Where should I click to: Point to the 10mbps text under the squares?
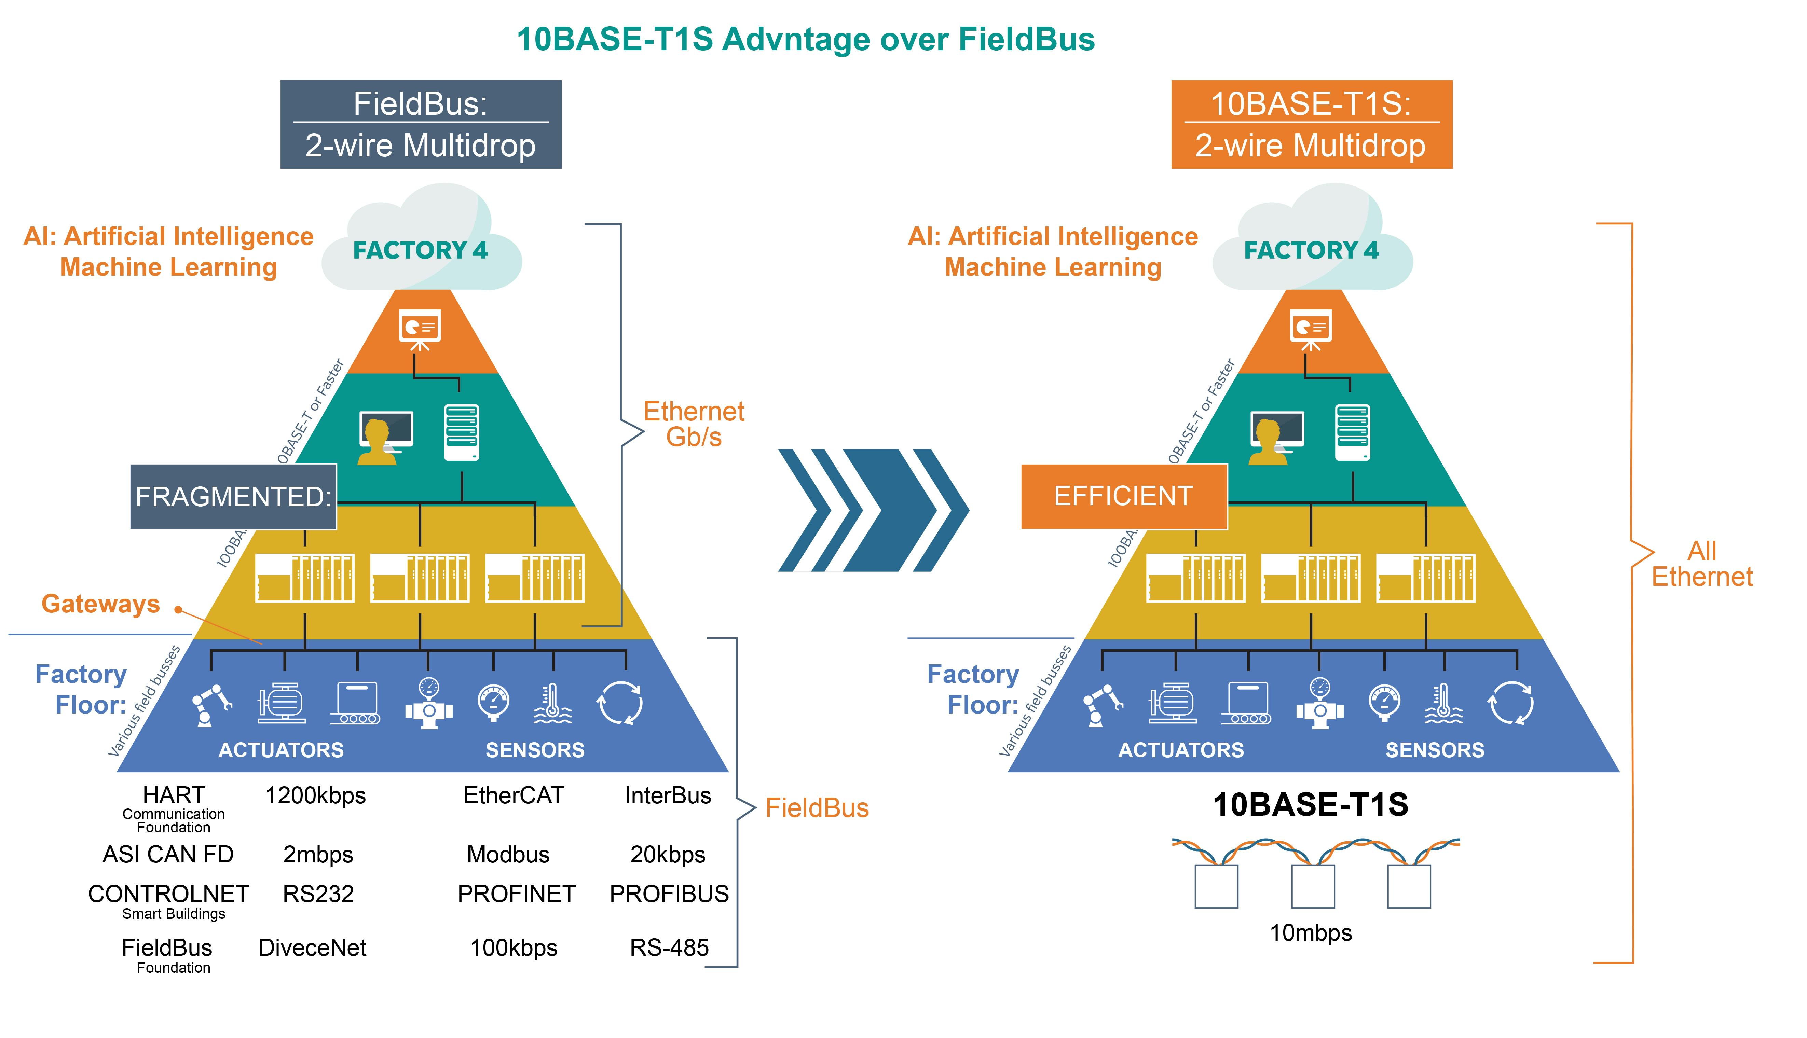click(x=1311, y=932)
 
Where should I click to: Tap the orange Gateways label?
click(x=100, y=604)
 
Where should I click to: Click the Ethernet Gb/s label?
click(x=693, y=424)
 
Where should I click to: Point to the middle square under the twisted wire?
click(x=1313, y=886)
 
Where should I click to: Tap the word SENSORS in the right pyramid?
click(x=1435, y=750)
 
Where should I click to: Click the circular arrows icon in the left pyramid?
click(x=620, y=703)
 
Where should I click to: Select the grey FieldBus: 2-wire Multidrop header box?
click(x=421, y=125)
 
